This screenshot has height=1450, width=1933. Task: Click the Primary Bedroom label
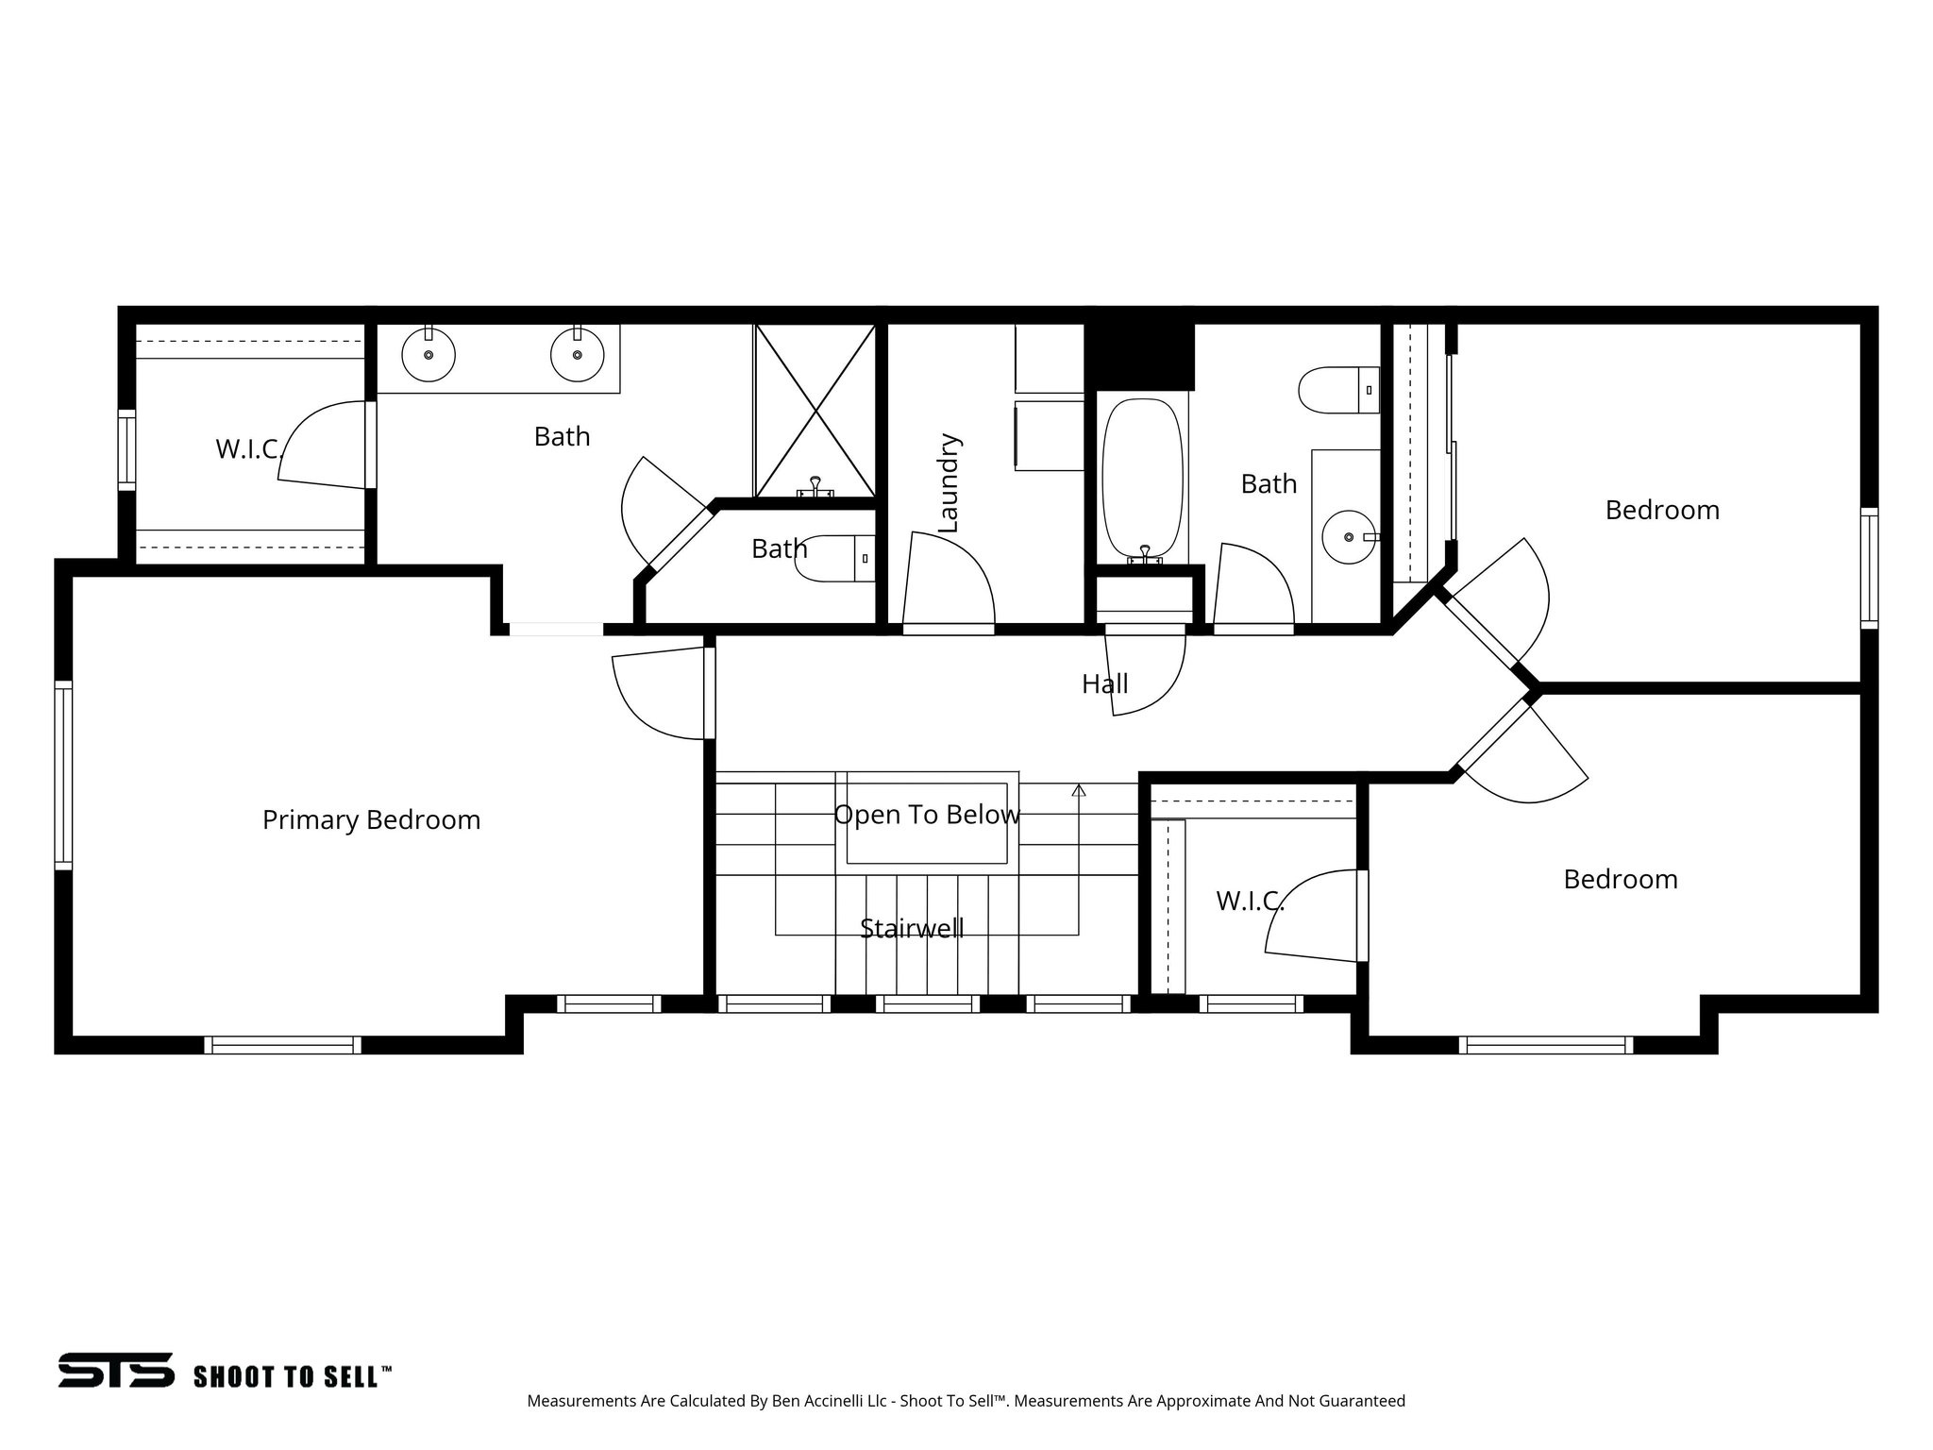click(x=371, y=819)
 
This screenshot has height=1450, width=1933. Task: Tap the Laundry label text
click(x=949, y=483)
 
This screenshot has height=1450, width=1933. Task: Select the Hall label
click(x=1104, y=683)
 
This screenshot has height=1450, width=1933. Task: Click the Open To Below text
click(x=927, y=815)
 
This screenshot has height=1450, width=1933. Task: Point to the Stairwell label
click(x=912, y=929)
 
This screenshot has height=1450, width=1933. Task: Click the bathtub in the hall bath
click(x=1142, y=477)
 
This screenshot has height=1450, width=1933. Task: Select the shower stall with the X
click(x=815, y=411)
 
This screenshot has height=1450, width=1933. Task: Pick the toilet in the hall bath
click(x=1338, y=390)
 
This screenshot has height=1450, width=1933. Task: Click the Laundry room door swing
click(x=949, y=581)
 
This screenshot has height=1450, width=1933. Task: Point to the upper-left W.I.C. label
click(x=249, y=449)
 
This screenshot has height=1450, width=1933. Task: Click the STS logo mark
click(x=116, y=1370)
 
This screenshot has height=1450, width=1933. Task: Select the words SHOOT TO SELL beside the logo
click(x=291, y=1376)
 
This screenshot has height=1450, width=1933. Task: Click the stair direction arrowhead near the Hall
click(x=1079, y=790)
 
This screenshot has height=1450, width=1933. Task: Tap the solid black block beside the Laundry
click(x=1139, y=356)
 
